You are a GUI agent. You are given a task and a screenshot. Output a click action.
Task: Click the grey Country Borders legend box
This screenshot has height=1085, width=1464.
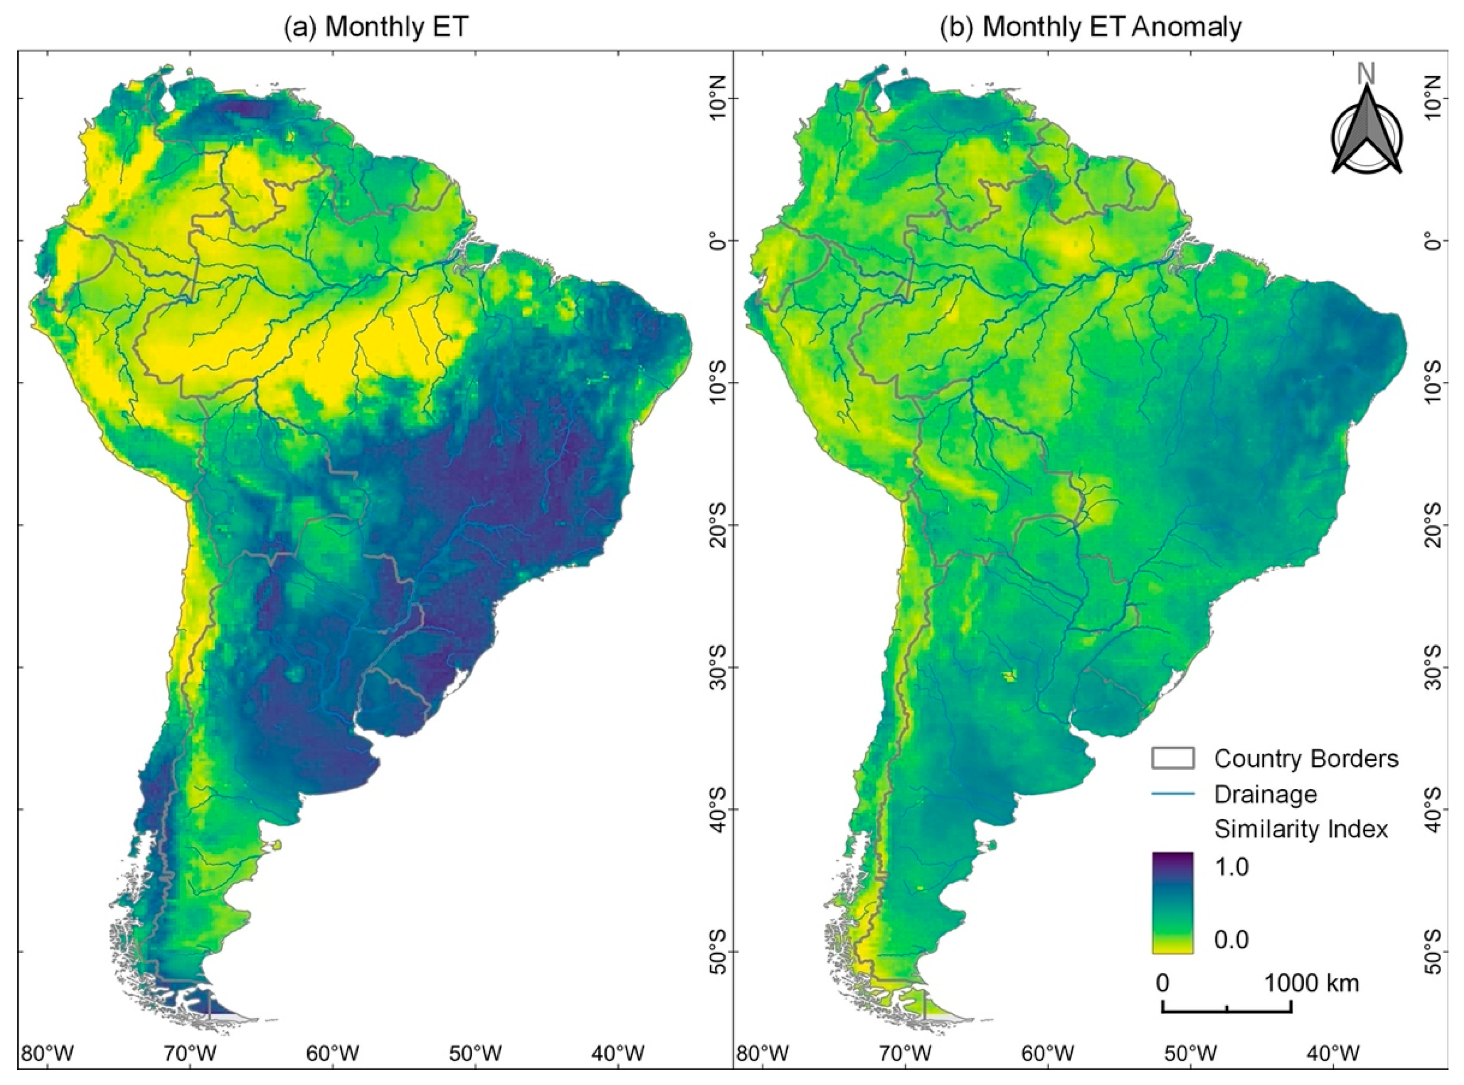[x=1172, y=759]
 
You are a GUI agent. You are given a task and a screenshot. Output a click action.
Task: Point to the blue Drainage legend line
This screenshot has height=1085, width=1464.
[x=1172, y=794]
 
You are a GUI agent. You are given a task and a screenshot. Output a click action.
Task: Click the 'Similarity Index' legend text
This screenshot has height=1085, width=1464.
[x=1301, y=829]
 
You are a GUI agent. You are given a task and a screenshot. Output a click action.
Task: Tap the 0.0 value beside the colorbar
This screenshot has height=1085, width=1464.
[x=1232, y=939]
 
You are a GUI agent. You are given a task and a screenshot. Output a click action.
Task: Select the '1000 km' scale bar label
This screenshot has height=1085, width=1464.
[x=1311, y=983]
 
